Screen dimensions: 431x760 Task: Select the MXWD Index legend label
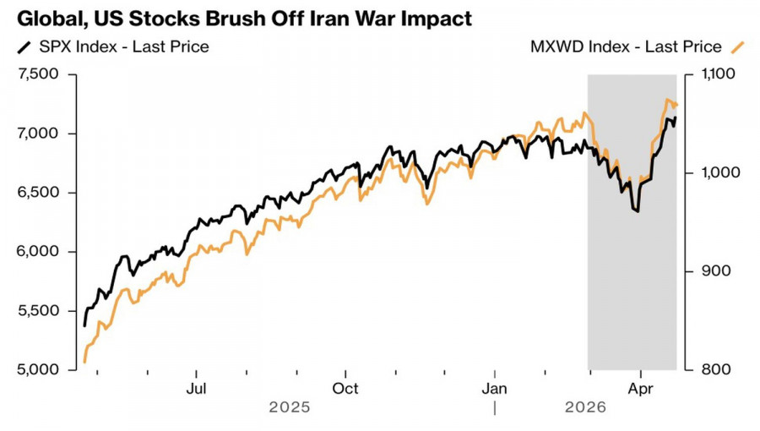click(x=626, y=46)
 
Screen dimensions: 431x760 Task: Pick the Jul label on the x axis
click(x=196, y=389)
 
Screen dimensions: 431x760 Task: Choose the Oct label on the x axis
click(x=345, y=389)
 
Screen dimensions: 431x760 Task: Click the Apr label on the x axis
click(x=641, y=389)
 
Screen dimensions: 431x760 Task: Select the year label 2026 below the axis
click(x=585, y=407)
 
